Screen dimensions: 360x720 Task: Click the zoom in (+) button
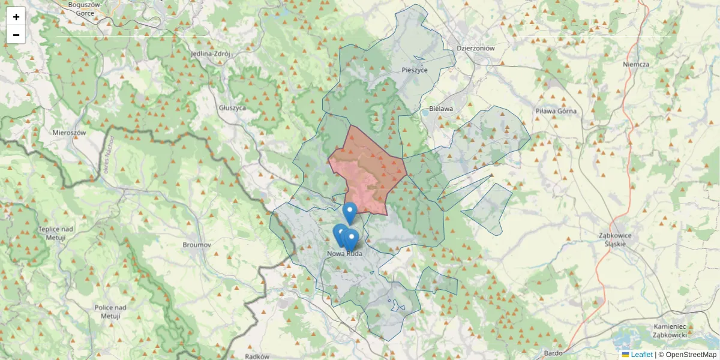(x=16, y=17)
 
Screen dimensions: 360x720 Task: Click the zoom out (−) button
(x=16, y=35)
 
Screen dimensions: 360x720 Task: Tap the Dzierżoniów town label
(x=475, y=49)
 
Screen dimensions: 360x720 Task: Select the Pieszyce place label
(x=414, y=70)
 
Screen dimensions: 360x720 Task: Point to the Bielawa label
(x=441, y=109)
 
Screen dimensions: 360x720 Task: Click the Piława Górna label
(x=556, y=111)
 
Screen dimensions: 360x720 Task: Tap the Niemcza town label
(x=636, y=64)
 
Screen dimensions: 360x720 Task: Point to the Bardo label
(x=553, y=353)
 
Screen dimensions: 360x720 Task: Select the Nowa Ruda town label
(x=345, y=254)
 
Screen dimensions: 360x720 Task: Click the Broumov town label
(x=197, y=245)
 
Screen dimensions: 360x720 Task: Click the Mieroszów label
(x=70, y=133)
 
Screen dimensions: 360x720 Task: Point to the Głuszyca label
(x=233, y=108)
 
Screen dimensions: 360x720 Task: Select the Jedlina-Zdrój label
(x=210, y=53)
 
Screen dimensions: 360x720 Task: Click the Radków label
(x=257, y=356)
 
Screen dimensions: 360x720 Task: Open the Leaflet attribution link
(x=641, y=355)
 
